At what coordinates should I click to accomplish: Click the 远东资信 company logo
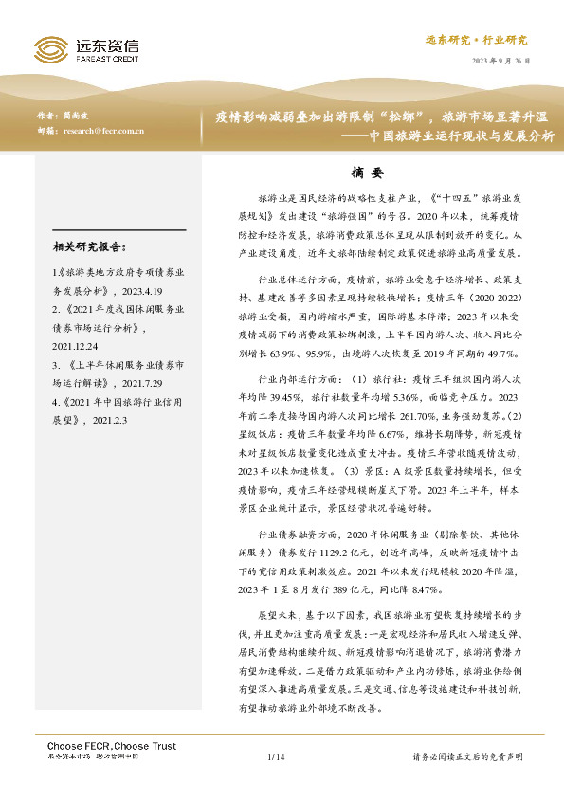(85, 48)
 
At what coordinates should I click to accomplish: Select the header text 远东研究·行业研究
(489, 41)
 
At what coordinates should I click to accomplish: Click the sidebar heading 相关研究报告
(90, 248)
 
